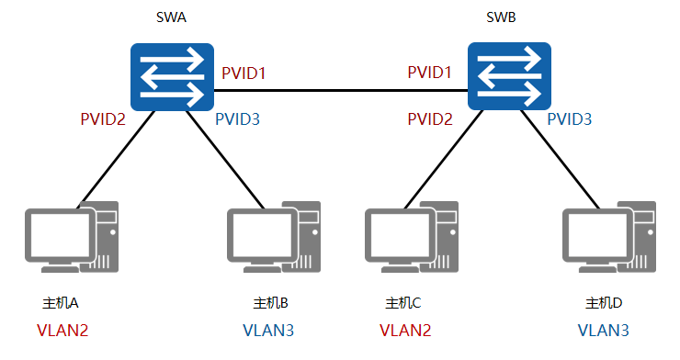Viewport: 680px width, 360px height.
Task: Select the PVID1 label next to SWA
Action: (244, 73)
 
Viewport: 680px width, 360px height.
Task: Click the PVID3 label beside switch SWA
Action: (238, 118)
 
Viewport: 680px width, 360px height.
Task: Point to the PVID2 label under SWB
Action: (431, 118)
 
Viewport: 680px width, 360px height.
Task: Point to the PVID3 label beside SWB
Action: (571, 118)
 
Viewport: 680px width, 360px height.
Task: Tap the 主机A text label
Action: (62, 303)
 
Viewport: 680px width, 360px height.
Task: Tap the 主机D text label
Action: (605, 303)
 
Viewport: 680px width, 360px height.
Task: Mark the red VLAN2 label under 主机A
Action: (62, 330)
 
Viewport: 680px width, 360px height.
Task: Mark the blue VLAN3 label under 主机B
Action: (269, 330)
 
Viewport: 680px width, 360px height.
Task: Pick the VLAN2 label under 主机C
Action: (405, 330)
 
